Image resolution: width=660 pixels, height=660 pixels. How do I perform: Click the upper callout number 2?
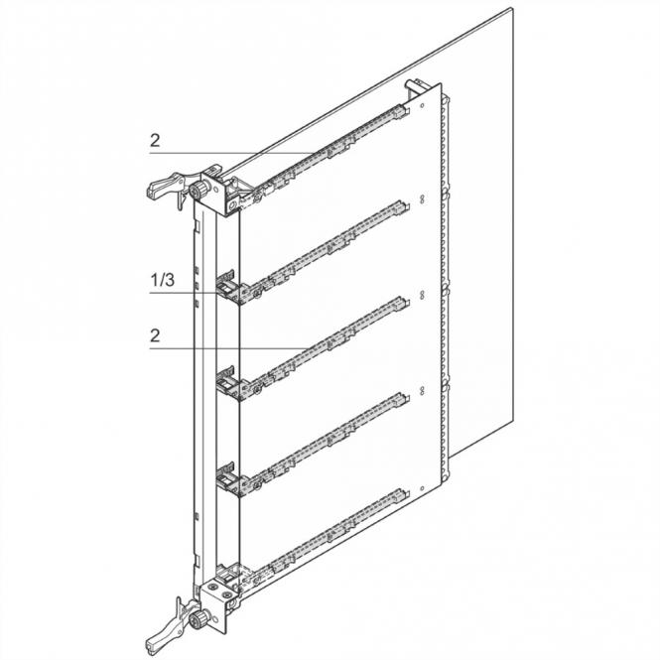[x=155, y=140]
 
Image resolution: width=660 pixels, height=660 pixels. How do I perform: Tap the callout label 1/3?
[x=163, y=280]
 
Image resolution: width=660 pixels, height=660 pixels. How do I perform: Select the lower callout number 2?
[x=155, y=335]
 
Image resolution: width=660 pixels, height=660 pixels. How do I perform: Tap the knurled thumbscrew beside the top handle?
[x=197, y=190]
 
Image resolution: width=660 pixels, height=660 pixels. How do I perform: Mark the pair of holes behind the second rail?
[x=422, y=198]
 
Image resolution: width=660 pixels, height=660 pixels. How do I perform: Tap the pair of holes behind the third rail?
[x=422, y=294]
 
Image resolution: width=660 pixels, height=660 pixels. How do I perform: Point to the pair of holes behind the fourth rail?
[x=422, y=390]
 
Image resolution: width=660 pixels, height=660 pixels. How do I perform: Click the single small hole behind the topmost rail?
[x=422, y=105]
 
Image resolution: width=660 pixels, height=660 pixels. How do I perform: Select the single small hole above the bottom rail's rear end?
[x=422, y=488]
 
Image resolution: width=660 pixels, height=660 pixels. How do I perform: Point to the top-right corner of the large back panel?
[x=512, y=8]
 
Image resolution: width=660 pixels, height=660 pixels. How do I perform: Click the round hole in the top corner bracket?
[x=230, y=206]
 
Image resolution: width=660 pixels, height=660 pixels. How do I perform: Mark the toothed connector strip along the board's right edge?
[x=444, y=286]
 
